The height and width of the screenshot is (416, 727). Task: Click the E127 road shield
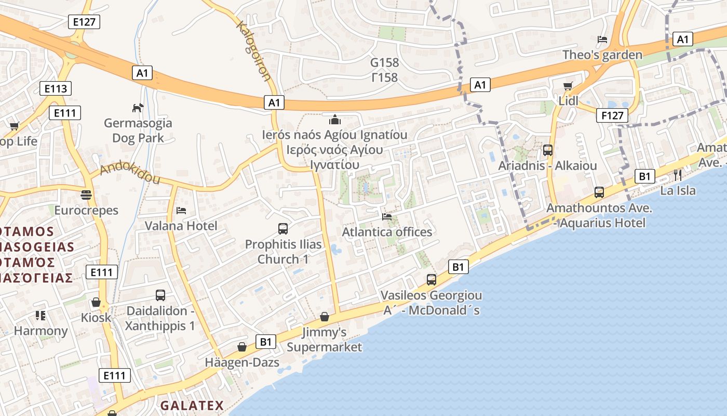point(84,22)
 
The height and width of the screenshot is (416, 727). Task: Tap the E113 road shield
point(56,88)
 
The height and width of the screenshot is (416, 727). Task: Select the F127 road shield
point(612,115)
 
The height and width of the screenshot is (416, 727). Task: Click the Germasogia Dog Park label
point(138,131)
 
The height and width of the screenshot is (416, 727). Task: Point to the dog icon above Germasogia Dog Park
point(138,108)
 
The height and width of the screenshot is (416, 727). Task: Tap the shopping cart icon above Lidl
point(568,86)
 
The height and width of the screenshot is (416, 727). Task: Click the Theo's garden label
point(602,55)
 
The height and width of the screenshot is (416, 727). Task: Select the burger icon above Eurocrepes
point(86,195)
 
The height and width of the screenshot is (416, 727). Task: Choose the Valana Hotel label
point(181,226)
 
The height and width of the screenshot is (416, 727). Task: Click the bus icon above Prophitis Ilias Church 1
point(283,229)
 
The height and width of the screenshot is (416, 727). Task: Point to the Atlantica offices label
point(387,232)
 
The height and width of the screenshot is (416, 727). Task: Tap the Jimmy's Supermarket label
point(325,340)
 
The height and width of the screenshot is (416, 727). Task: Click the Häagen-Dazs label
point(242,362)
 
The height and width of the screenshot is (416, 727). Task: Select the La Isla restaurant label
point(678,190)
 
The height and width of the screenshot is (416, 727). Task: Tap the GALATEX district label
point(192,406)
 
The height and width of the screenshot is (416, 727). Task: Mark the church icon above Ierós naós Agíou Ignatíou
point(335,120)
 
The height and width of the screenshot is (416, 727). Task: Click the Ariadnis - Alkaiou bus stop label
point(547,166)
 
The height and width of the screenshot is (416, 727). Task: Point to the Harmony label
point(41,331)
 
